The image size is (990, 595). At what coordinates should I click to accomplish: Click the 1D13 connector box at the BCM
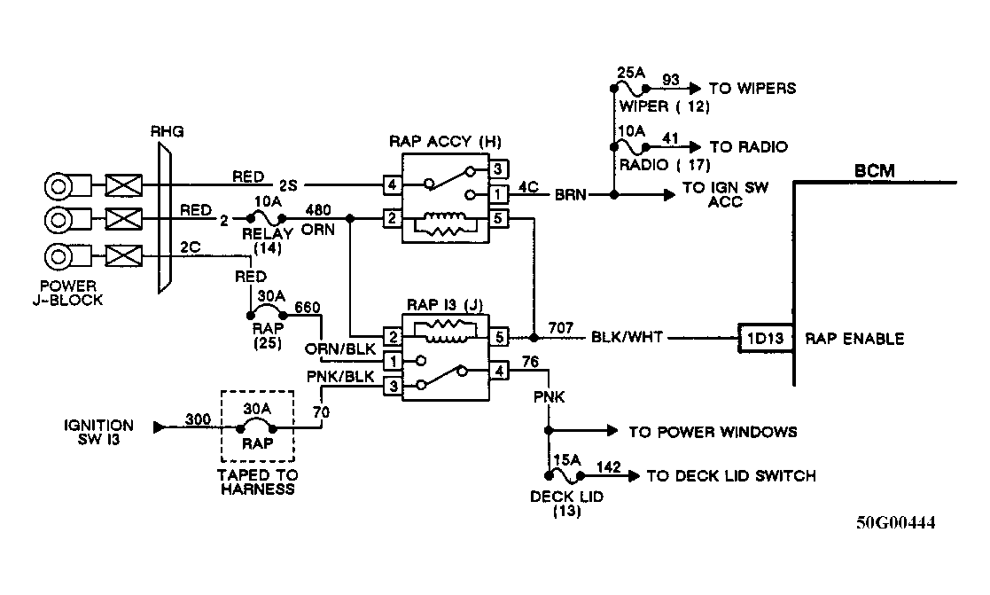tap(763, 338)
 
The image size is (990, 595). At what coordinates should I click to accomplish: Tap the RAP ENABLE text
tap(854, 338)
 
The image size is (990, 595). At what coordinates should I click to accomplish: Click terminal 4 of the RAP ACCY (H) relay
tap(391, 185)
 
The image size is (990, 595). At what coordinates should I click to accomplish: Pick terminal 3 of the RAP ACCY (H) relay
tap(498, 168)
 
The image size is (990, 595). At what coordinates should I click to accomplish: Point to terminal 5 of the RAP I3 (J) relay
tap(498, 337)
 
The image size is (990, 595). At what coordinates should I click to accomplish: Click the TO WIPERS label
tap(752, 88)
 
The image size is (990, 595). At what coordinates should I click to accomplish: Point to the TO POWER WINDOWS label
tap(713, 432)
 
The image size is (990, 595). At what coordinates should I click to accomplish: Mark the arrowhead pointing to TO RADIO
tap(693, 145)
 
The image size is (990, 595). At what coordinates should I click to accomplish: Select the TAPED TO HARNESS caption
tap(256, 481)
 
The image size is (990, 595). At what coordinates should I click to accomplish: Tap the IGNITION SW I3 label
tap(98, 432)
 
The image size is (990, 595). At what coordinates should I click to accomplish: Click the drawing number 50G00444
tap(895, 522)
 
